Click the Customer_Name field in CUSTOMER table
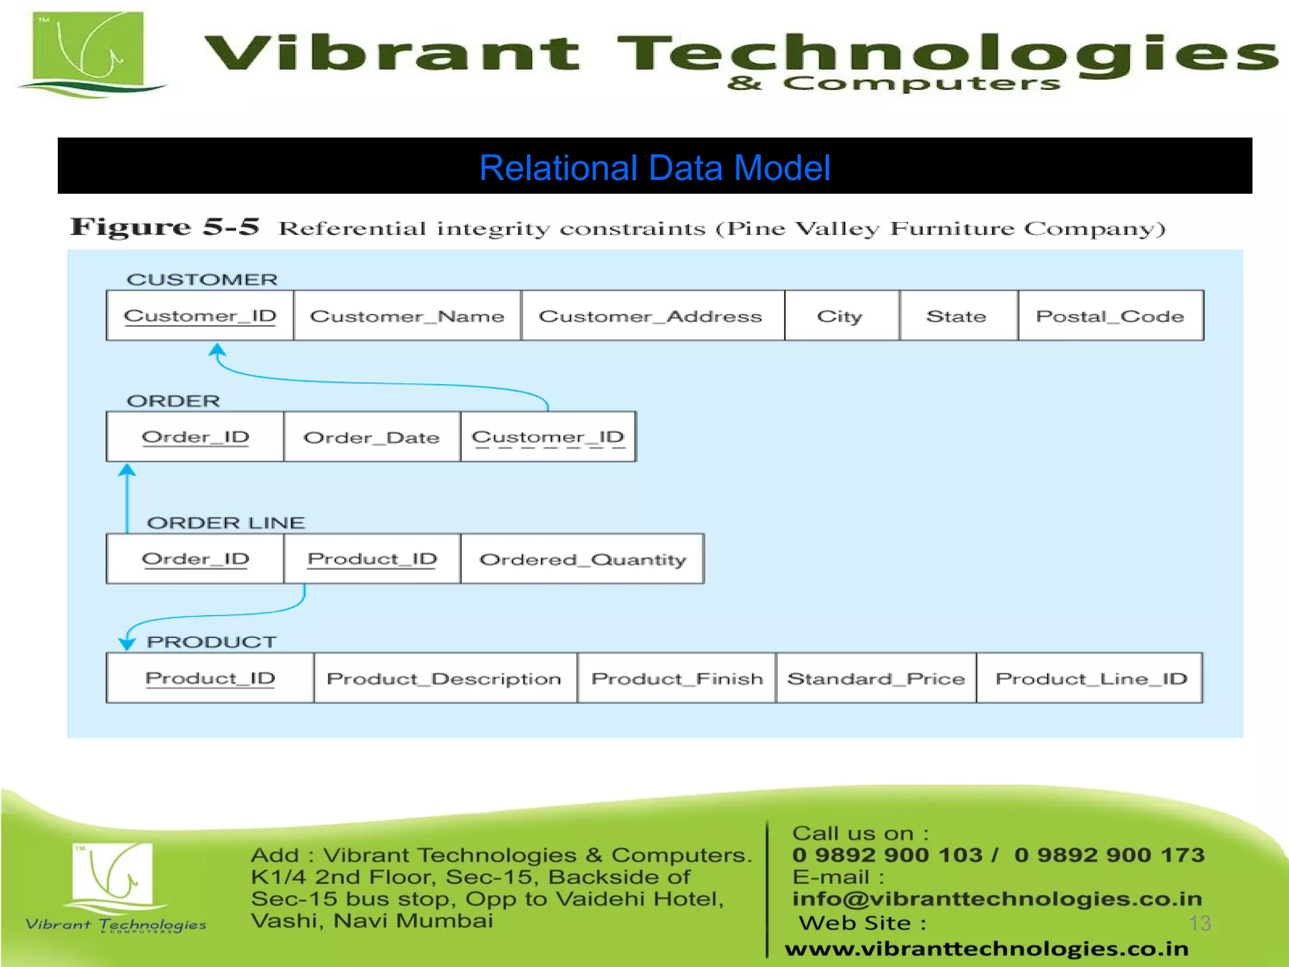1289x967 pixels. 407,316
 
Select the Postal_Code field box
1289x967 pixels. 1110,316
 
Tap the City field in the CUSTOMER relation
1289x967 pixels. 840,316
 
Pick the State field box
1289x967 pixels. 957,316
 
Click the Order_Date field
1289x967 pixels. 371,438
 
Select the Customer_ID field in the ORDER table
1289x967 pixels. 548,438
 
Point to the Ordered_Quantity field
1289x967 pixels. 582,560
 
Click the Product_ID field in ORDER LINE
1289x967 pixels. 372,559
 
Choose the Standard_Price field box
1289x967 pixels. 876,679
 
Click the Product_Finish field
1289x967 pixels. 677,679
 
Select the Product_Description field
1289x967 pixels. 444,679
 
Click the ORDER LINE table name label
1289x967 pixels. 226,523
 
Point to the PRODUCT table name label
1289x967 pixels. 211,642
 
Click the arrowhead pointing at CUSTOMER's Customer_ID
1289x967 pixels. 217,350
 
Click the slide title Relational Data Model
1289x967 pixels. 655,168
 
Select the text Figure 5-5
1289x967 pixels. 165,227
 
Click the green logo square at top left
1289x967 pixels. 89,48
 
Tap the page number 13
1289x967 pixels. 1200,923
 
